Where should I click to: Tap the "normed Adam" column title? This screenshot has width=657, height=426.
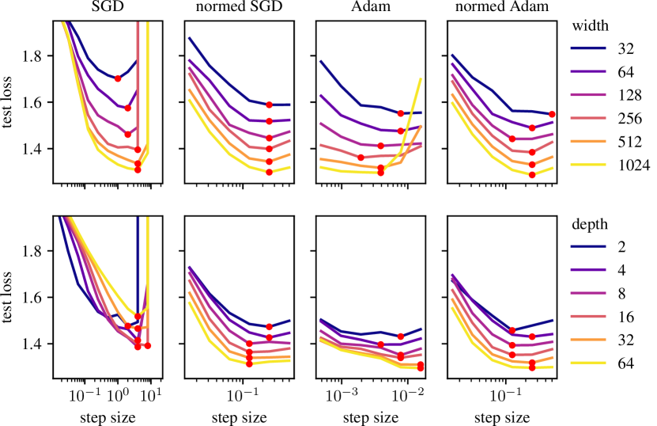497,8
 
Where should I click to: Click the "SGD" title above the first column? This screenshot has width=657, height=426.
104,8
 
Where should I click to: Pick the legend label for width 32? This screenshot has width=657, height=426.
629,48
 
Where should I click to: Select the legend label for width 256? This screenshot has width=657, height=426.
632,118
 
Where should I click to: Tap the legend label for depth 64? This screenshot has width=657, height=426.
629,365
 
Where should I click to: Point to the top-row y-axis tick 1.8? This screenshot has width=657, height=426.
40,55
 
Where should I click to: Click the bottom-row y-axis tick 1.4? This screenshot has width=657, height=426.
40,344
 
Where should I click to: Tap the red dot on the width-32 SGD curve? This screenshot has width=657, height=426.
118,78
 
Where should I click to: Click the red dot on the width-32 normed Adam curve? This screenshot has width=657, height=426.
553,114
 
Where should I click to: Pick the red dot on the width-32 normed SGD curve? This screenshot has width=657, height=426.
270,105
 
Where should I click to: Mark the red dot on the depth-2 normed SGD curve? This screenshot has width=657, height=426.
270,326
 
